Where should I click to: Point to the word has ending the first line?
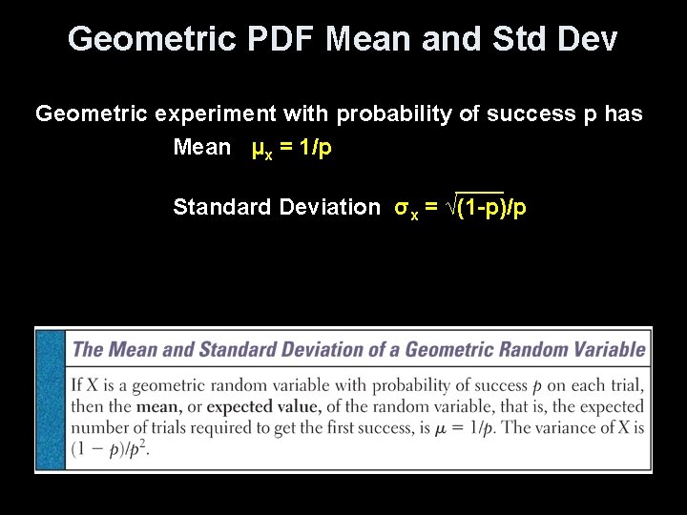point(623,114)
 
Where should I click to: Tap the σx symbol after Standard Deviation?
point(406,208)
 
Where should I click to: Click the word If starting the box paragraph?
point(77,386)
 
